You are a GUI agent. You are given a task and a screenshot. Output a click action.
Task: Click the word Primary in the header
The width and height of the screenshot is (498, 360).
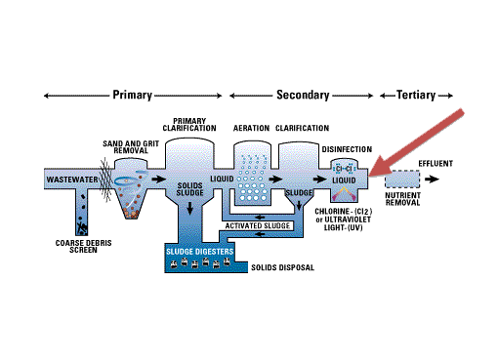tap(132, 95)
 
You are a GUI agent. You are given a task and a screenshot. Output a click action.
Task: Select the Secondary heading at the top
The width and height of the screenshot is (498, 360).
tap(303, 95)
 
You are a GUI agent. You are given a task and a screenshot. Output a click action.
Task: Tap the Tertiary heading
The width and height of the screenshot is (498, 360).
tap(416, 95)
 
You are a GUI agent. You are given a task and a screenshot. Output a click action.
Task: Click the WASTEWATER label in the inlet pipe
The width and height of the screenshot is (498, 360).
tap(72, 180)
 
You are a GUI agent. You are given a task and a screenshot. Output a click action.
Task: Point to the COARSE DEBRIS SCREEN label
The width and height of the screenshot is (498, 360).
tap(83, 247)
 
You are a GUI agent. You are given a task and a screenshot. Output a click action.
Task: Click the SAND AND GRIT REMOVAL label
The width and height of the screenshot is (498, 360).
tap(131, 147)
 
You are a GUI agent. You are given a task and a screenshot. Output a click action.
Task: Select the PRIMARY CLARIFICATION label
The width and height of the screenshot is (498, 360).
tap(189, 125)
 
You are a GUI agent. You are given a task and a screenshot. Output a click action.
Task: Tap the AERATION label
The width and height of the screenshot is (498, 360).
tap(251, 128)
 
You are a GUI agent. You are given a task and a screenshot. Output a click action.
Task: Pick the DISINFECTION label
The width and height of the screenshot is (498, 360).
tap(347, 149)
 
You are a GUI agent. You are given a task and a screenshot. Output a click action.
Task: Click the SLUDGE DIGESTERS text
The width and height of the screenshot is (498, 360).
tap(199, 252)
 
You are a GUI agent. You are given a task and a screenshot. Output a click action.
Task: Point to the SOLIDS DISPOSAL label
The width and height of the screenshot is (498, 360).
tap(282, 267)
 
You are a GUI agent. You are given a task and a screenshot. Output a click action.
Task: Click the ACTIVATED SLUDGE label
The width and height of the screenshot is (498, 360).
tap(258, 225)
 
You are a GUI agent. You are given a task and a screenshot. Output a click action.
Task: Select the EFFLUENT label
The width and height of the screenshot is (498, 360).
tap(436, 164)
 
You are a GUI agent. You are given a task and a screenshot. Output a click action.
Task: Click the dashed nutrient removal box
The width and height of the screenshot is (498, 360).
tap(402, 180)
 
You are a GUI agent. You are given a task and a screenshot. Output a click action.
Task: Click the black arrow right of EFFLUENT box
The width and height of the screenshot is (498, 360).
tap(433, 179)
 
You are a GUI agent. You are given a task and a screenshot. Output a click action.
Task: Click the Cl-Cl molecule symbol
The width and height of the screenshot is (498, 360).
tap(344, 169)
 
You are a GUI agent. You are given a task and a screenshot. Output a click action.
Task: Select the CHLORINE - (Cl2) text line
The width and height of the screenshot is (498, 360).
tap(344, 212)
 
